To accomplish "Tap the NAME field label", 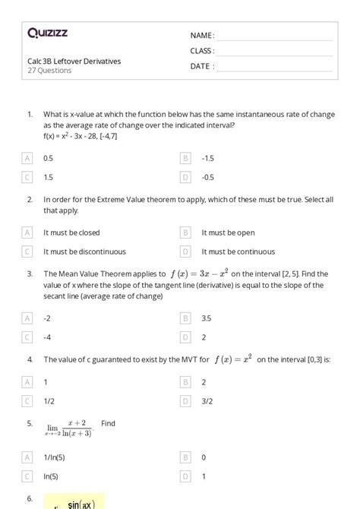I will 202,36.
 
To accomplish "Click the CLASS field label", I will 202,51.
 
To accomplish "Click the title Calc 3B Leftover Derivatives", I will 74,61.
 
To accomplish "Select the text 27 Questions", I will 49,71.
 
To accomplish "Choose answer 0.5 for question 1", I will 49,158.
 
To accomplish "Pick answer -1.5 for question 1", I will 208,158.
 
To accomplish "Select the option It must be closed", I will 71,232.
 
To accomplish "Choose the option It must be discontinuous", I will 84,251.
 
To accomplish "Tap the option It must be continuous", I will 238,251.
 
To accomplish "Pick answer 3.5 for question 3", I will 207,318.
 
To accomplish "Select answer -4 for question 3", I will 47,337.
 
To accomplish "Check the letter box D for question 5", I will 185,476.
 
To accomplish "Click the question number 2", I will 29,199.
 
